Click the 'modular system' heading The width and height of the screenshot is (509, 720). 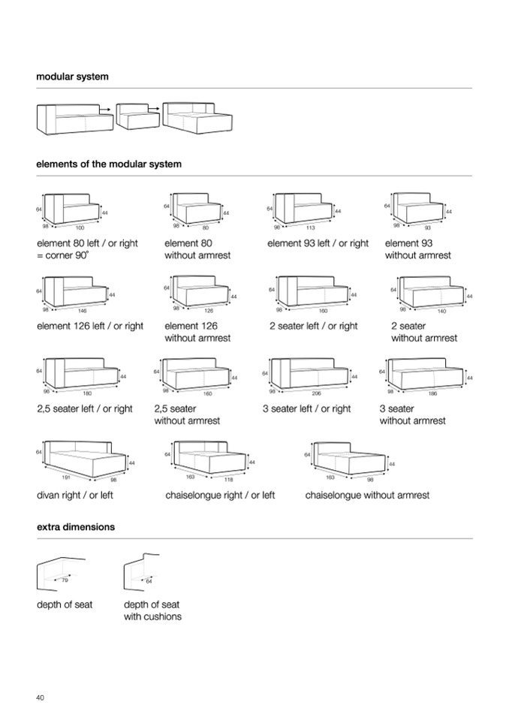73,77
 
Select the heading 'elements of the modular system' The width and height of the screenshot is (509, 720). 109,164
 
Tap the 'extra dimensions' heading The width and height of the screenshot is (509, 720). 76,527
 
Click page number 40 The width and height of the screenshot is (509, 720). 40,697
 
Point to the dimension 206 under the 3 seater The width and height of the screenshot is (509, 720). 316,393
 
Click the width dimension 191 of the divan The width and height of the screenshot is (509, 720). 65,477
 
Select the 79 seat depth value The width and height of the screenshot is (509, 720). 65,580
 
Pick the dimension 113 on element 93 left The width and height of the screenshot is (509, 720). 310,227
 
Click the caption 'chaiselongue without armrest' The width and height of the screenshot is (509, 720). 367,496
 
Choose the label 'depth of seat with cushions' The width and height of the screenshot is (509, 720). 152,610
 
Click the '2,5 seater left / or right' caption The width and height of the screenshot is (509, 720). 85,408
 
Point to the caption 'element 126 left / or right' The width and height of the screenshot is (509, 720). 90,326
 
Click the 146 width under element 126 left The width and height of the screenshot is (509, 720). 83,309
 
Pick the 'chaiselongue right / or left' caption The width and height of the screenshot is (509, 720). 220,496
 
